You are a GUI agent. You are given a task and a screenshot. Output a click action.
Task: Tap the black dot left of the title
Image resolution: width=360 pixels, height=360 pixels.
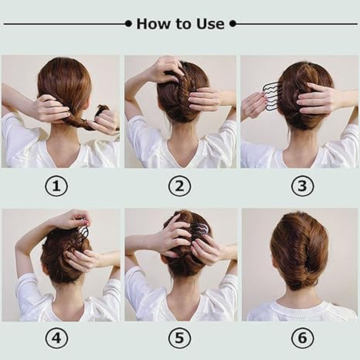tap(128, 23)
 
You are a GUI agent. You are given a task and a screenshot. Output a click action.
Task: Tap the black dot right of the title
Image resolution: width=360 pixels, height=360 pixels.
tap(233, 23)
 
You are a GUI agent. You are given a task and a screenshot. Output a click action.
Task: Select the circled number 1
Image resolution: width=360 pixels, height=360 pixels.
tap(56, 186)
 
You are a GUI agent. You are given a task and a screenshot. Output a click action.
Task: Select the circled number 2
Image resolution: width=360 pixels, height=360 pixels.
tap(180, 186)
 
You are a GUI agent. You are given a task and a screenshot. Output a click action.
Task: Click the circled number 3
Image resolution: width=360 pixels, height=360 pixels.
tap(302, 186)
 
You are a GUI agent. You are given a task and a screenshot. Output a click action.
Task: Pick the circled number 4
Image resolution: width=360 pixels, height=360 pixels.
tap(56, 338)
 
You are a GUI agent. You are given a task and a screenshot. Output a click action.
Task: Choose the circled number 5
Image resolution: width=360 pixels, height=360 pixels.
tap(180, 338)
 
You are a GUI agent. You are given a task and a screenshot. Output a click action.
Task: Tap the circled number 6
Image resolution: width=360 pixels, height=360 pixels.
tap(302, 338)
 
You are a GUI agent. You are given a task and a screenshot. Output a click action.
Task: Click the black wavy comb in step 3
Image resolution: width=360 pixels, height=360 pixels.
tap(272, 95)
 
